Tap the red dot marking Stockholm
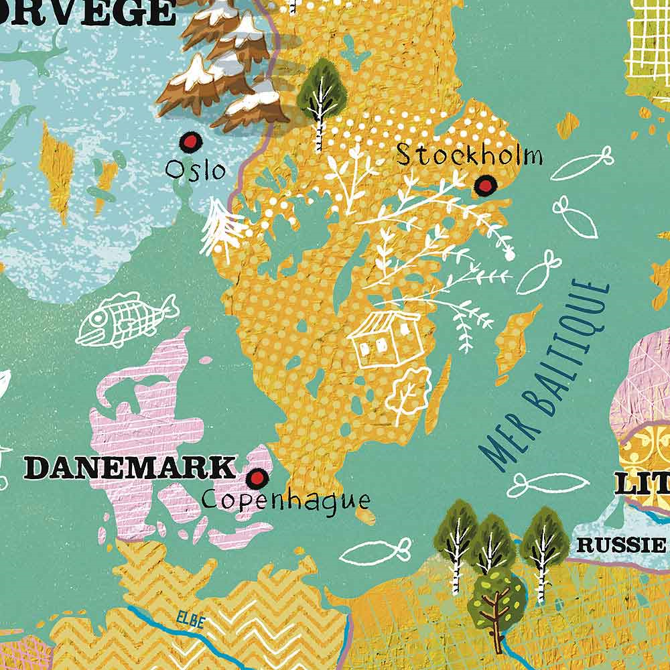485,184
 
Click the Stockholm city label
469,156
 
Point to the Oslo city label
196,169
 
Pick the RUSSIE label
620,545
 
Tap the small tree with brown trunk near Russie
496,600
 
